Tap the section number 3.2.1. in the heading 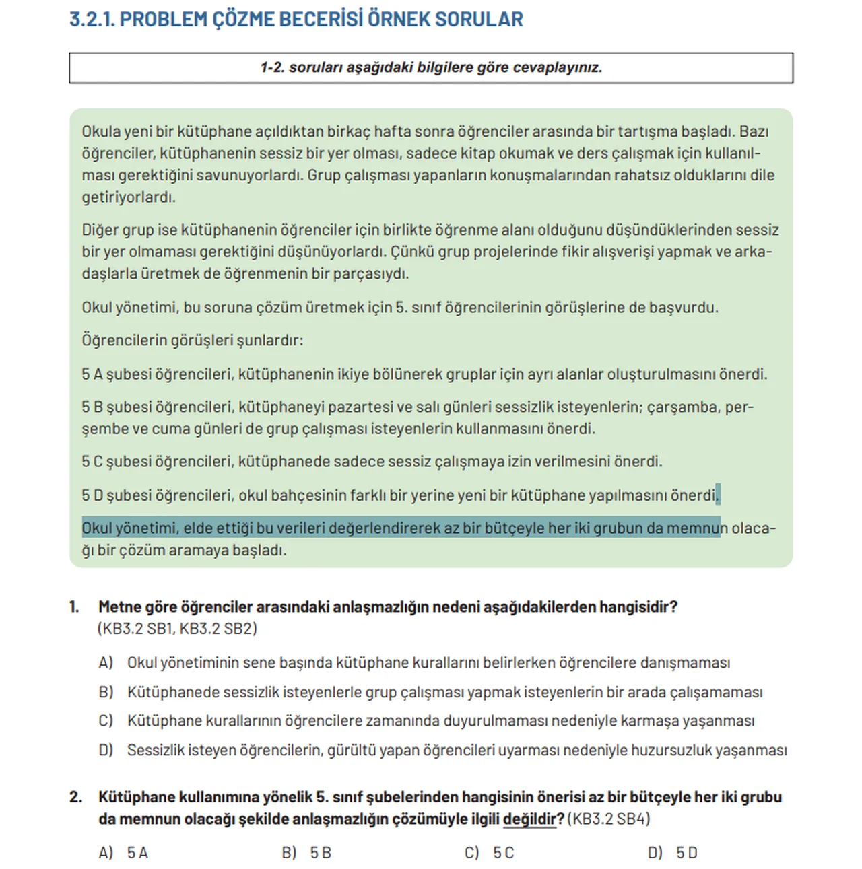click(x=92, y=19)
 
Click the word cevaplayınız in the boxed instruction click(x=558, y=67)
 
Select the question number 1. click(x=74, y=607)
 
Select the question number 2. click(x=75, y=797)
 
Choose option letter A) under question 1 click(x=106, y=663)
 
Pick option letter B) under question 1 click(x=106, y=692)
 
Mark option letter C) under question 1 click(x=106, y=721)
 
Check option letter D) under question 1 click(x=106, y=750)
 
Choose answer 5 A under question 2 click(x=137, y=853)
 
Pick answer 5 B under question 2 click(x=321, y=853)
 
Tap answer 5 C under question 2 click(x=503, y=853)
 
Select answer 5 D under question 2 click(x=687, y=853)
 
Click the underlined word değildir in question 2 click(x=529, y=819)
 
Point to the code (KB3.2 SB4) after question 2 click(x=609, y=819)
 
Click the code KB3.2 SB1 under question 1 click(x=136, y=629)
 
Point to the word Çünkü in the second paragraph click(x=413, y=252)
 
